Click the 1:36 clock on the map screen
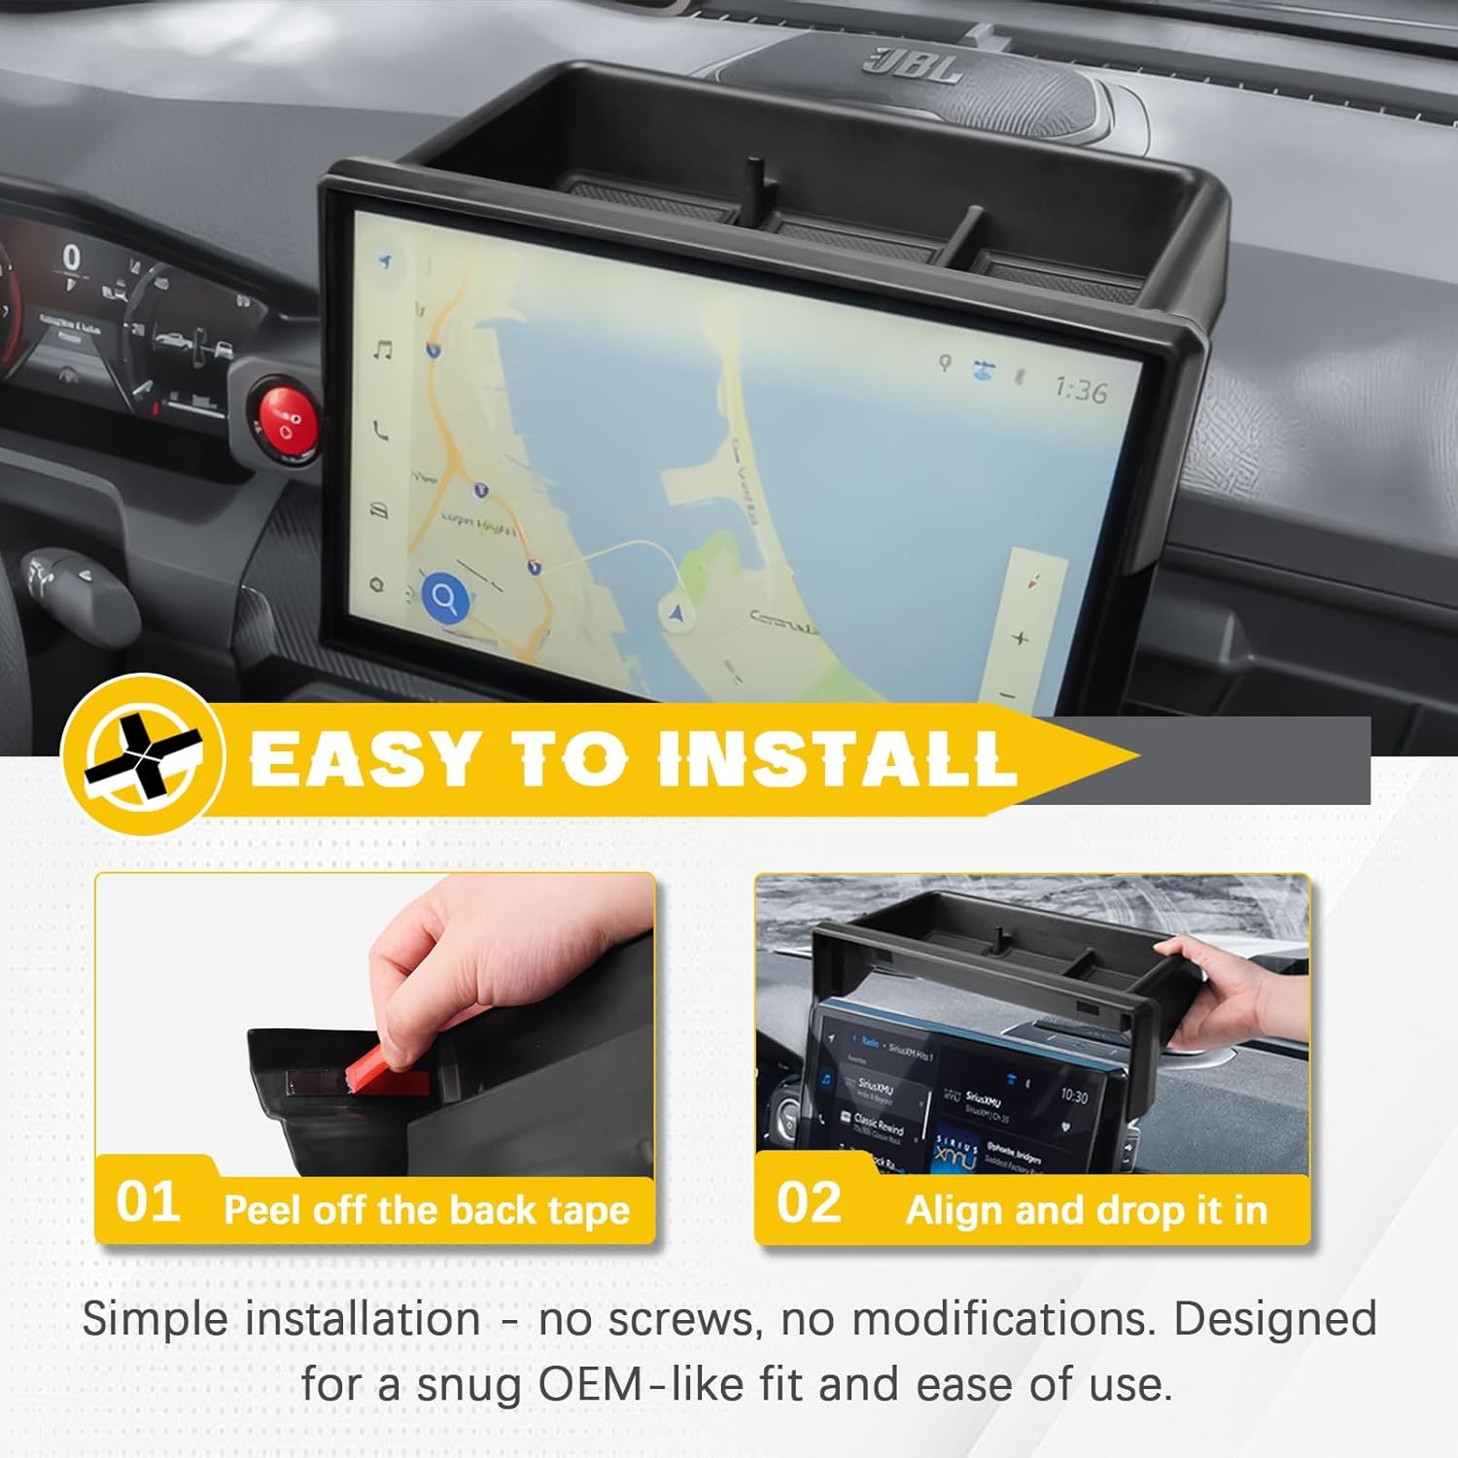click(x=1080, y=390)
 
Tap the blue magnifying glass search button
click(x=445, y=598)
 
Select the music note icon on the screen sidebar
click(x=383, y=350)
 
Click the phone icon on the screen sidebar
click(x=380, y=429)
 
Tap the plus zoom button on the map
click(x=1020, y=639)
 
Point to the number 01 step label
click(x=148, y=1202)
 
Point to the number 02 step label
click(x=809, y=1202)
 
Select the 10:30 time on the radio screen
click(x=1073, y=1095)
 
